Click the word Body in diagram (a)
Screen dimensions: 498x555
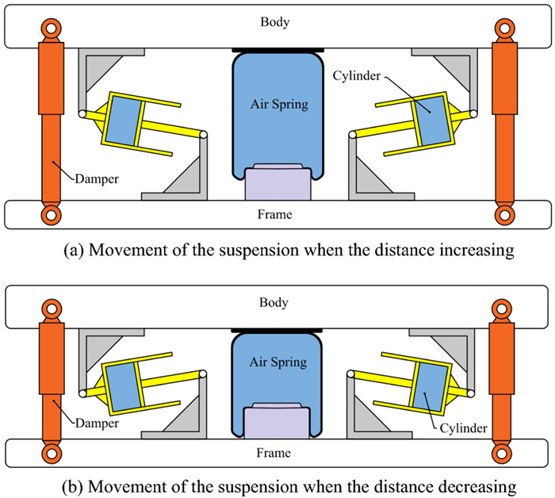(x=275, y=21)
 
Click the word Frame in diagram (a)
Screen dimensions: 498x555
(x=275, y=214)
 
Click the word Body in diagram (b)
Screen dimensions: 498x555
(x=275, y=302)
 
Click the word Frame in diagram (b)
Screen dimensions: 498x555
(x=275, y=453)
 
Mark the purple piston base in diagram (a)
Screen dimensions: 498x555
(x=275, y=185)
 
